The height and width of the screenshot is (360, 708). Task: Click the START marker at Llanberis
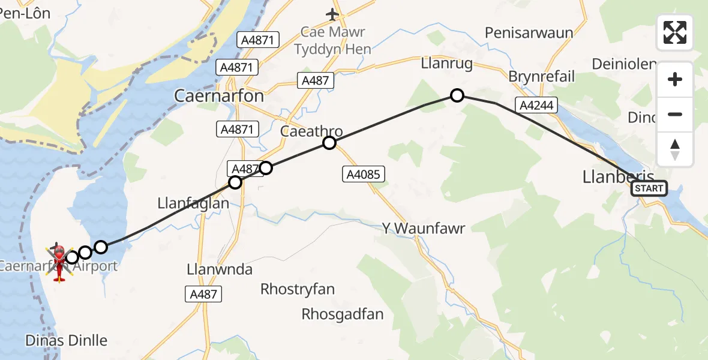pos(649,188)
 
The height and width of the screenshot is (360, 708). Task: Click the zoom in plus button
pos(675,79)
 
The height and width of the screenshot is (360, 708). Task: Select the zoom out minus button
pos(675,114)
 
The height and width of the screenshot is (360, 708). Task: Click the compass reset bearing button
pos(675,149)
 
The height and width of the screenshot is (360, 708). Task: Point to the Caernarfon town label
pos(218,95)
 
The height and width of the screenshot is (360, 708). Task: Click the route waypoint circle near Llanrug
pos(457,95)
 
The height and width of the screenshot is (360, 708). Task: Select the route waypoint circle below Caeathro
pos(329,143)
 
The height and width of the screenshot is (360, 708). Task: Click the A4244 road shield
pos(536,106)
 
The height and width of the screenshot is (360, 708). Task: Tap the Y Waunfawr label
pos(424,228)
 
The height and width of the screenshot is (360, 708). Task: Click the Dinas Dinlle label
pos(66,341)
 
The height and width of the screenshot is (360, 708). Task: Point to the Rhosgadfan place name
pos(343,314)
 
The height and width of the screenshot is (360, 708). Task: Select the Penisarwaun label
pos(529,32)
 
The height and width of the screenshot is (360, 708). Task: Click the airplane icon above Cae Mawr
pos(333,13)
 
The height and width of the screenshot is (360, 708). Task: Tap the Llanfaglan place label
pos(193,203)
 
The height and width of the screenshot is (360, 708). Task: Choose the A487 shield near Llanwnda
pos(203,294)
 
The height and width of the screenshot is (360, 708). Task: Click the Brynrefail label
pos(541,76)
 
